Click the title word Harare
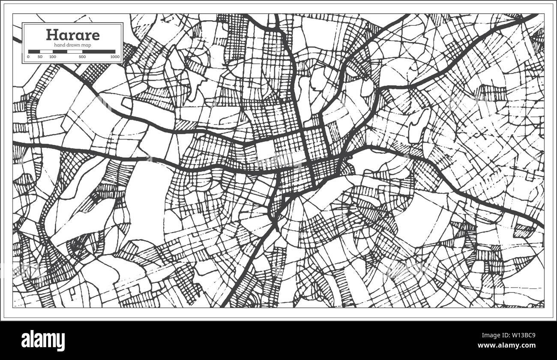click(72, 34)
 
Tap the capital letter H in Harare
click(51, 34)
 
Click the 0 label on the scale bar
click(29, 57)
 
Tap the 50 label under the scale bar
click(40, 57)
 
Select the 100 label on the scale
click(53, 57)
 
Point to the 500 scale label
click(82, 57)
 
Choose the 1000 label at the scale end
click(114, 57)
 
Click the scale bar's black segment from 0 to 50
click(34, 51)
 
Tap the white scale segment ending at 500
click(75, 51)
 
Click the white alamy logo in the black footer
click(43, 341)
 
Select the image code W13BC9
click(527, 335)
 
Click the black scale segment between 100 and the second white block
click(60, 51)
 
